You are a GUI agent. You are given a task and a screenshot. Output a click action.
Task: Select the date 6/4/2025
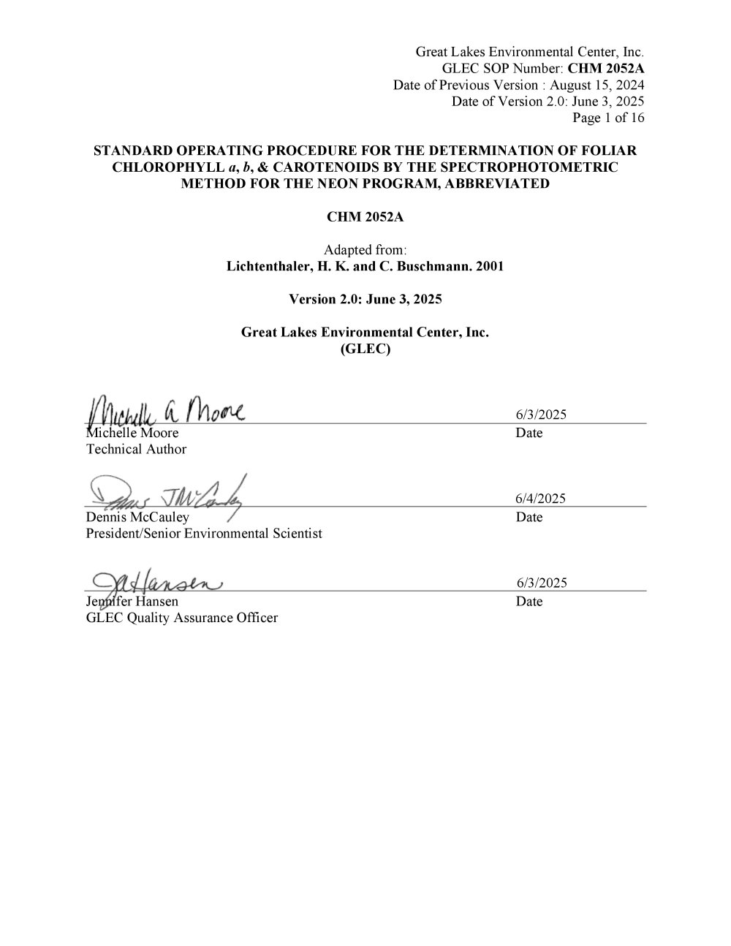(540, 499)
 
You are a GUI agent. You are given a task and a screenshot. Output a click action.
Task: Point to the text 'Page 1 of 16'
(608, 118)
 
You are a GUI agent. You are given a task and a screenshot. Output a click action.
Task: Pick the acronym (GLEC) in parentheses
(365, 349)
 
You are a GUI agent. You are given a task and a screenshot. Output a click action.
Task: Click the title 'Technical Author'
(136, 450)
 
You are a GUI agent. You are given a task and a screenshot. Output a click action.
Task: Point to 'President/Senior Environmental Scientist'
(204, 534)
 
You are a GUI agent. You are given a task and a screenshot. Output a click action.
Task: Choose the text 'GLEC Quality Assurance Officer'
(182, 618)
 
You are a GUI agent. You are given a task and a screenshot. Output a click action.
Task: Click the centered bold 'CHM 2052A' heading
(365, 217)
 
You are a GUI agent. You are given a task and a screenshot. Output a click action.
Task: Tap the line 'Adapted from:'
(365, 250)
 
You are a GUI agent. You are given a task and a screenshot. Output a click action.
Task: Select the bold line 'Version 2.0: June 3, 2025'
(365, 299)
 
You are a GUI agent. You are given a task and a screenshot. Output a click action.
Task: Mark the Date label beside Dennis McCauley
(529, 517)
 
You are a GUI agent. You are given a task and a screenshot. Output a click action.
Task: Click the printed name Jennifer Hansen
(132, 601)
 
